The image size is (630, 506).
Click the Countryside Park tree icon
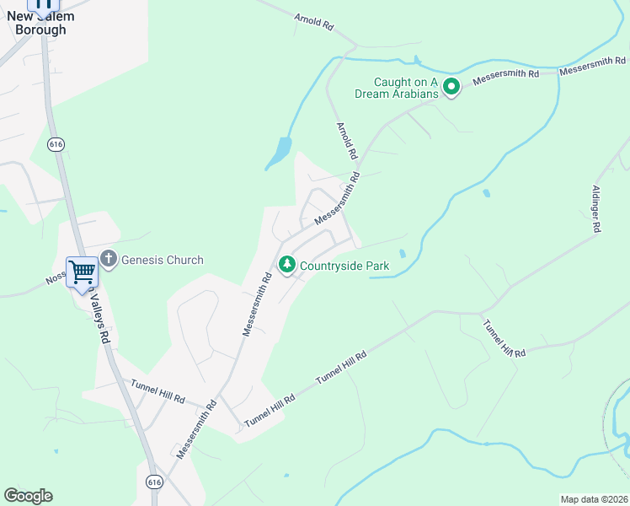point(287,266)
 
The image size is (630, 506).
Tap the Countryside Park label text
point(345,266)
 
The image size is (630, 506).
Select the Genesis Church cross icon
point(108,259)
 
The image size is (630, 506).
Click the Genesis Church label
point(163,260)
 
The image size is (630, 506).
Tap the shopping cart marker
point(82,272)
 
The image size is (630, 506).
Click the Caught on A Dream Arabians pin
point(451,86)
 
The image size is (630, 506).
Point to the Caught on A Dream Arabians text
point(407,88)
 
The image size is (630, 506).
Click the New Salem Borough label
point(40,23)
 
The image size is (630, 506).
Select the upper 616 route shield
point(56,144)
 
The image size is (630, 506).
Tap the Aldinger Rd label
point(596,208)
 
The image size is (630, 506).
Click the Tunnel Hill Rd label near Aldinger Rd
point(504,338)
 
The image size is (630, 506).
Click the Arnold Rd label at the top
point(314,22)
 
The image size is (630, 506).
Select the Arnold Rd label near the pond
point(347,141)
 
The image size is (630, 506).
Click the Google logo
point(28,496)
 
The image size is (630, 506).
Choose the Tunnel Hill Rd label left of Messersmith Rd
point(157,390)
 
